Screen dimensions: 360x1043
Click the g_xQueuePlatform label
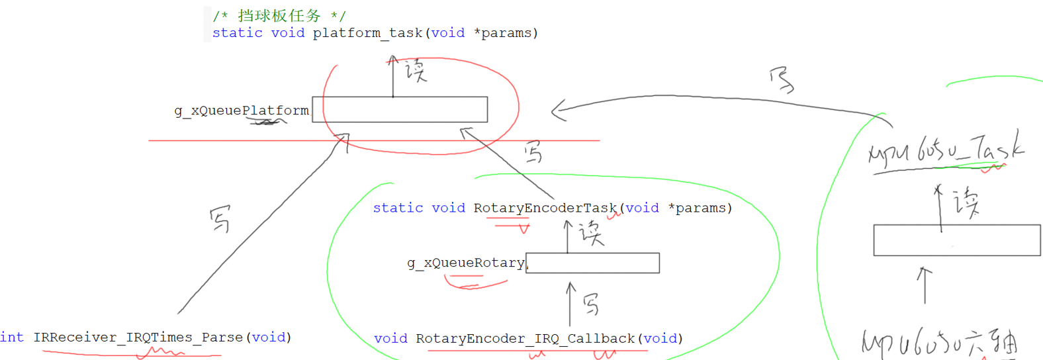pyautogui.click(x=242, y=111)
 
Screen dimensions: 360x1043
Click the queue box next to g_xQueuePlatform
pyautogui.click(x=400, y=109)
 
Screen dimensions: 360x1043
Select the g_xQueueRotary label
pyautogui.click(x=466, y=263)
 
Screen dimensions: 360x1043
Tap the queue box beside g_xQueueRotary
pyautogui.click(x=593, y=263)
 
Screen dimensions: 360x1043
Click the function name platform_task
pyautogui.click(x=367, y=33)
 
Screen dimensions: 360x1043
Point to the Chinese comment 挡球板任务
pyautogui.click(x=279, y=15)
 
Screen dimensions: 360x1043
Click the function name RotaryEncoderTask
pyautogui.click(x=545, y=208)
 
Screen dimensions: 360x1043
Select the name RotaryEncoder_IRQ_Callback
pyautogui.click(x=525, y=338)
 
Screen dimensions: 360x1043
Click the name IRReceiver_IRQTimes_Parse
pyautogui.click(x=138, y=337)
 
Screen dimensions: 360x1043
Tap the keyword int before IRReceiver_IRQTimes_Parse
pyautogui.click(x=11, y=337)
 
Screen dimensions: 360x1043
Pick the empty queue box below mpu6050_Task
pyautogui.click(x=956, y=240)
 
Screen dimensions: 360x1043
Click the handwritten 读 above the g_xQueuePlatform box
pyautogui.click(x=416, y=69)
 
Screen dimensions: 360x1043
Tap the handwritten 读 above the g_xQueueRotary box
pyautogui.click(x=591, y=233)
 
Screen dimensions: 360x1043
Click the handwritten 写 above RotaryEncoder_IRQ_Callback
pyautogui.click(x=591, y=304)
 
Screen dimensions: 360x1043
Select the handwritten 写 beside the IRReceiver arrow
pyautogui.click(x=220, y=218)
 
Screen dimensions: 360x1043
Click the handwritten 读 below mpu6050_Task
pyautogui.click(x=966, y=202)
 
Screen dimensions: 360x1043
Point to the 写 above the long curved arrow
pyautogui.click(x=782, y=80)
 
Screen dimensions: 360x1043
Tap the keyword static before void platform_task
pyautogui.click(x=237, y=33)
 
